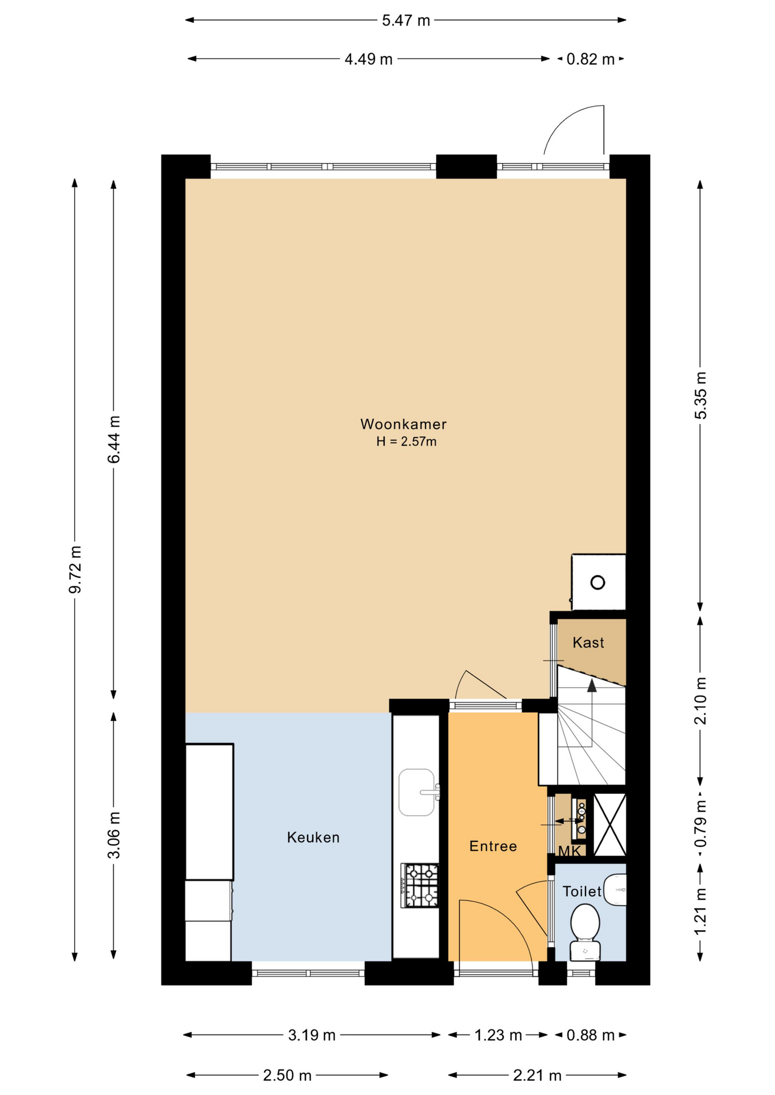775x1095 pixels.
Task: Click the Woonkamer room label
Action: point(403,424)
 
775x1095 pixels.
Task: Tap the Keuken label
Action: point(313,837)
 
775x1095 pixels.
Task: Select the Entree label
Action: point(493,846)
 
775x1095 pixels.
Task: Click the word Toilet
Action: point(582,891)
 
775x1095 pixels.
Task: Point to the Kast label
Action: point(588,643)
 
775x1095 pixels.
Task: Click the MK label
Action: point(570,851)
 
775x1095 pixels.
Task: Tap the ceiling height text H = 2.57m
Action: point(406,441)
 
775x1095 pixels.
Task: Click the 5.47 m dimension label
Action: point(406,21)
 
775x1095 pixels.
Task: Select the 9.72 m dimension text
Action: point(75,569)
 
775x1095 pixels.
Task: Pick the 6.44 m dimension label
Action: point(114,439)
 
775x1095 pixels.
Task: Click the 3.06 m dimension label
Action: point(114,835)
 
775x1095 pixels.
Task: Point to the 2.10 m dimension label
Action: point(700,701)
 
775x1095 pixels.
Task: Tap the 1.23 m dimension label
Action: point(498,1035)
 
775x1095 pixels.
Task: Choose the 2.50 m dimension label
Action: point(287,1076)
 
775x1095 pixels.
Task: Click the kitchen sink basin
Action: point(417,792)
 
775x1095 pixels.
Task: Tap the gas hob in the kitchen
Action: point(420,886)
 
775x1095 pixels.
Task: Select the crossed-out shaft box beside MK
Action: point(609,825)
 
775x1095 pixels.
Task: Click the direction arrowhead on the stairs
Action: point(592,685)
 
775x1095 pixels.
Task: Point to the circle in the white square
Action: point(598,583)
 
